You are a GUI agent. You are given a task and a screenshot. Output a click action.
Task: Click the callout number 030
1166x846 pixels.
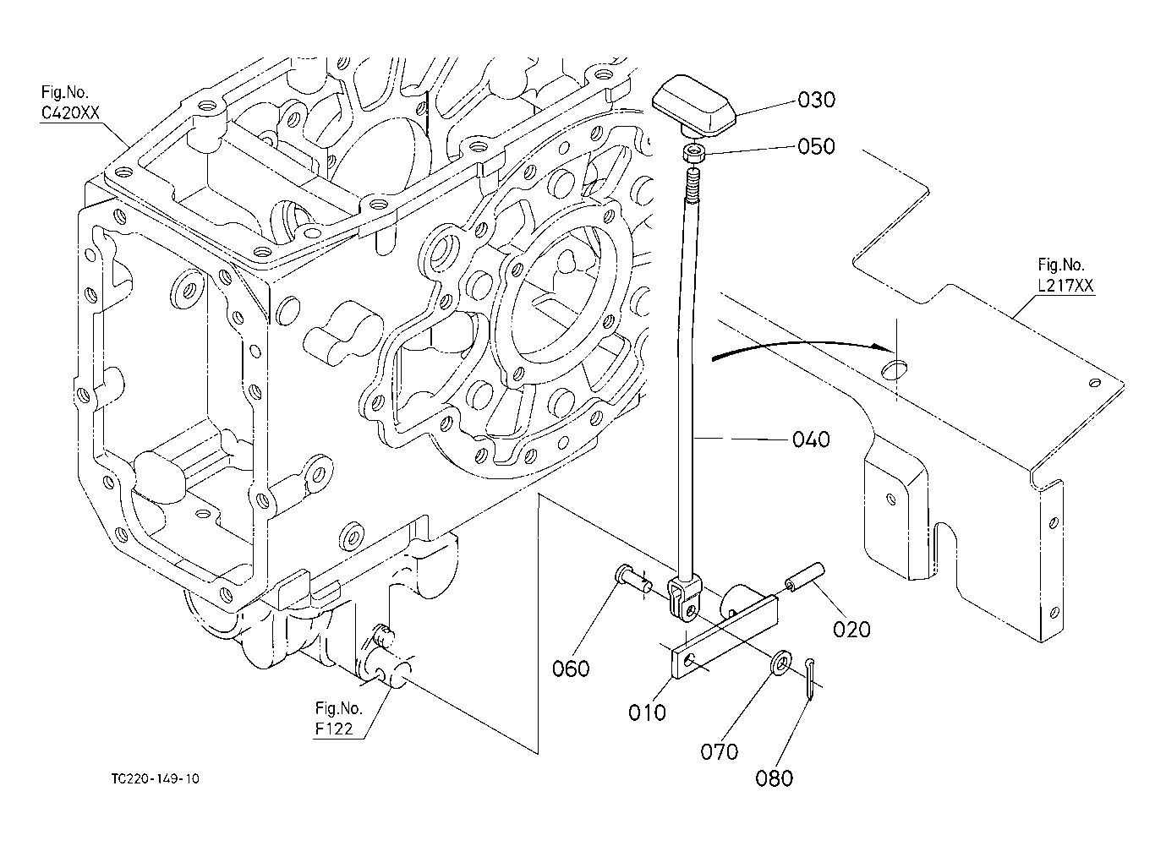[816, 100]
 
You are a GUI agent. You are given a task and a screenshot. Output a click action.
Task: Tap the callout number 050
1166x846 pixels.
[816, 147]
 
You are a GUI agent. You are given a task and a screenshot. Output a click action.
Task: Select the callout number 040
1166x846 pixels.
[811, 439]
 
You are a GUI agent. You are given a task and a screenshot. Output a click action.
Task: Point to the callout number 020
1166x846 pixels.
[851, 630]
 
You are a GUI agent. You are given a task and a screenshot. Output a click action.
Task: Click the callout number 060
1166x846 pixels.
[571, 669]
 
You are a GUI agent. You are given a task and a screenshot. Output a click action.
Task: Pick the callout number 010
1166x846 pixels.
[647, 712]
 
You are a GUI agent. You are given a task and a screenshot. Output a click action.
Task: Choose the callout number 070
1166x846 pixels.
[720, 752]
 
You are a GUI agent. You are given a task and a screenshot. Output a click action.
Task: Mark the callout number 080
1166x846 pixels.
[774, 779]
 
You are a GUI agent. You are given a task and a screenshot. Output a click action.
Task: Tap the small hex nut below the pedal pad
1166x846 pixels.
[694, 155]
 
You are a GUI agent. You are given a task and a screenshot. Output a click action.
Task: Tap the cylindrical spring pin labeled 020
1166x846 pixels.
[805, 577]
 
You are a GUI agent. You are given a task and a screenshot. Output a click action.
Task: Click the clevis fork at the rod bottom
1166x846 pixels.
[685, 600]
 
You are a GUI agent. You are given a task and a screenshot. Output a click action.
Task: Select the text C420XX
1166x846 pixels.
[70, 113]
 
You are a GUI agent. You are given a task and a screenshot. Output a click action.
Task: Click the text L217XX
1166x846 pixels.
[1065, 286]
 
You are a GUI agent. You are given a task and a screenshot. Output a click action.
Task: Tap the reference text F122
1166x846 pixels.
[334, 729]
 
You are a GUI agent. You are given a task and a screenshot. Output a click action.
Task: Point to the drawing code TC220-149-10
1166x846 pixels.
[155, 779]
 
